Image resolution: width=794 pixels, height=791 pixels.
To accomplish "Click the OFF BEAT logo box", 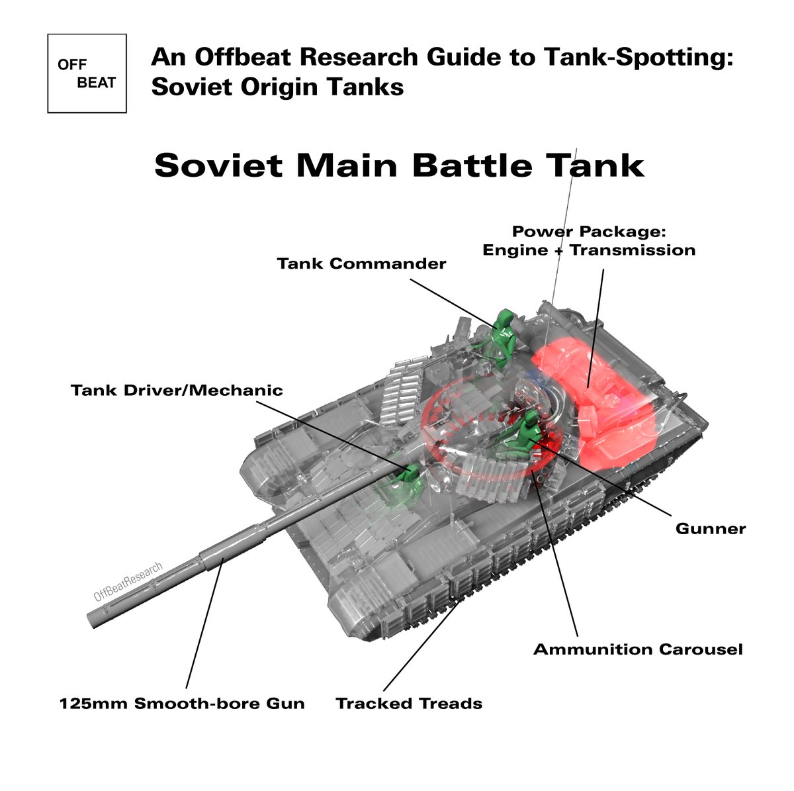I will coord(87,73).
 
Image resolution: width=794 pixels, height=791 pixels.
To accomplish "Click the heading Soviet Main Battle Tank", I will coord(399,165).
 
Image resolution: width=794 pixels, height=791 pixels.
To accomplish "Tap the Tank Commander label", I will coord(361,263).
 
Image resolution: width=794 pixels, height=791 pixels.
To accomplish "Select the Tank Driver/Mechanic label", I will coord(177,391).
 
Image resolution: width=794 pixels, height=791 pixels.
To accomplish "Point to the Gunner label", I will coord(710,529).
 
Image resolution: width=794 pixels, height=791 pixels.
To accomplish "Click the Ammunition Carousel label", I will coord(638,649).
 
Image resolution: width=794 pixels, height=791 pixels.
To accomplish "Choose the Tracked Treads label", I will coord(409,703).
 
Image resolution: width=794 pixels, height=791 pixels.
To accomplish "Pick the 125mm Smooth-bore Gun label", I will coord(182,703).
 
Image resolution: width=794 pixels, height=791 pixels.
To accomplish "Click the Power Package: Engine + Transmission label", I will coord(589,241).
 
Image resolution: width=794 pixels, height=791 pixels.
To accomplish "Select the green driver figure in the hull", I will coord(405,483).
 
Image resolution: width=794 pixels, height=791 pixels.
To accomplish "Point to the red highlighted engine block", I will coord(595,397).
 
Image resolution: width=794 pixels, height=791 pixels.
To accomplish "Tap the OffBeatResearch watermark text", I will coord(128,582).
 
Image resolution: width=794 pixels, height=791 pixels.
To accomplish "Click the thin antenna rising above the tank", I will coord(566,218).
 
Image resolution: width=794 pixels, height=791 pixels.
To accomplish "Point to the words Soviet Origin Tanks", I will coord(277,87).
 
